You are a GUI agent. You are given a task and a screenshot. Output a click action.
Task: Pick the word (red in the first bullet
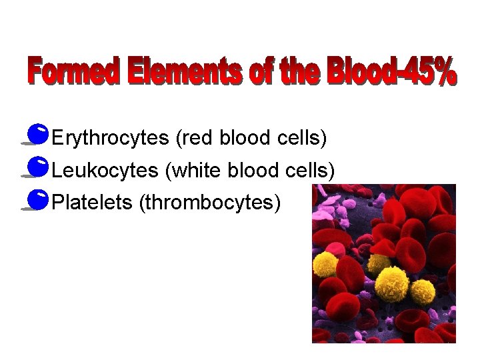tap(194, 139)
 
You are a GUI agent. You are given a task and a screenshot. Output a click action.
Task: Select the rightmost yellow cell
tap(423, 292)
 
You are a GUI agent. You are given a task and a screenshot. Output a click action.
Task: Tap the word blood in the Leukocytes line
tap(252, 171)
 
